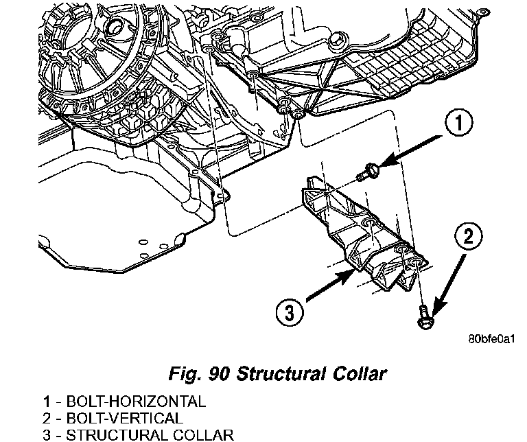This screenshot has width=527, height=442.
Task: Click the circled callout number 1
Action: coord(458,123)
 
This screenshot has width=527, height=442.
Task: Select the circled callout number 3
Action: coord(290,312)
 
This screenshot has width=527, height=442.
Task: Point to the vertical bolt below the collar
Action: coord(425,317)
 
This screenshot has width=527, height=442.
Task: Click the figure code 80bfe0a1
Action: coord(491,339)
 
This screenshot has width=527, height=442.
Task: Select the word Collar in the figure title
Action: coord(360,373)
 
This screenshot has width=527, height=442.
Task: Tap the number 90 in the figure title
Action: coord(219,374)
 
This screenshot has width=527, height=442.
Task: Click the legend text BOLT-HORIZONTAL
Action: coord(136,402)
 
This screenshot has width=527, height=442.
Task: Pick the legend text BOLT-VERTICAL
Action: coord(124,418)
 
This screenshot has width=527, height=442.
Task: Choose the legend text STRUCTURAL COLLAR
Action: coord(150,434)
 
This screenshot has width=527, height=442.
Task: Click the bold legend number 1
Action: coord(47,402)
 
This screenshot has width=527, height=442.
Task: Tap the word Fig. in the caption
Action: coord(185,374)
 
